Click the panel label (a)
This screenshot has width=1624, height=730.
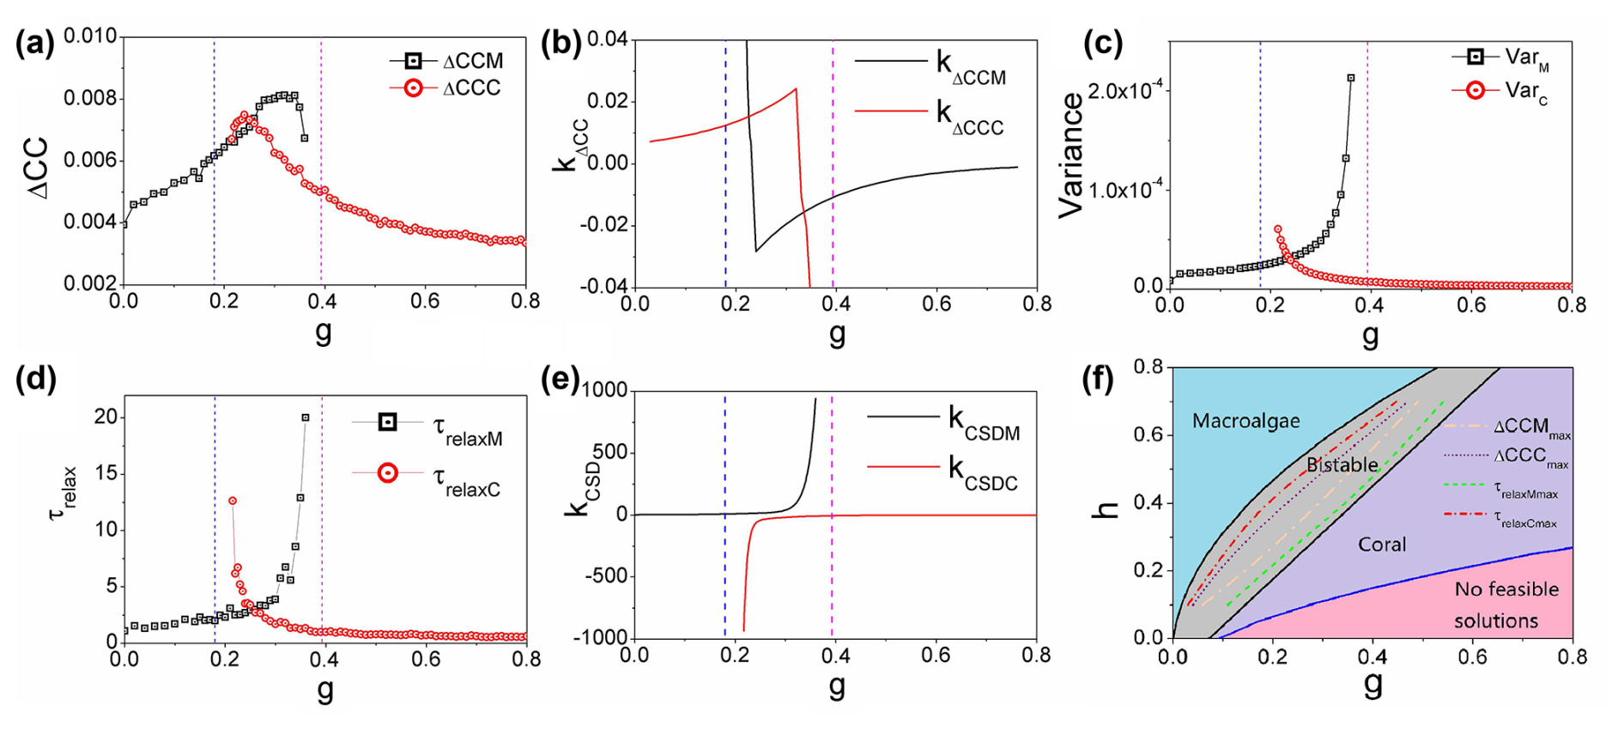pos(34,43)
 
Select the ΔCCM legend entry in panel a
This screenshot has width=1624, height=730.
pos(471,61)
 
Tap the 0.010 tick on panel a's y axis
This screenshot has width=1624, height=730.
pos(90,37)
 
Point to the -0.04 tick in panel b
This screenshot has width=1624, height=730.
pos(604,287)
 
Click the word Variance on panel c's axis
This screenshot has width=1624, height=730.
pos(1072,155)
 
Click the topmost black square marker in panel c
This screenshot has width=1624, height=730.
pos(1351,78)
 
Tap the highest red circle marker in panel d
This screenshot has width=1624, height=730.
pos(233,501)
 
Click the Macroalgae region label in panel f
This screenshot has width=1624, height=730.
pos(1245,421)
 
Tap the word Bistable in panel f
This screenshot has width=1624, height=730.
pos(1342,465)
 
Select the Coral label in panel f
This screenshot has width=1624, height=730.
pos(1382,544)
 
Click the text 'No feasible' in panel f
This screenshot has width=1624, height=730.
pos(1506,589)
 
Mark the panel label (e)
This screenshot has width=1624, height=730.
pos(559,379)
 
